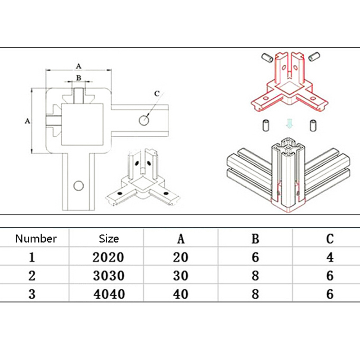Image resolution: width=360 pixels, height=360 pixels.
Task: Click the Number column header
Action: [36, 238]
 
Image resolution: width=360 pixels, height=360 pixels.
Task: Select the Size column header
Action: [109, 238]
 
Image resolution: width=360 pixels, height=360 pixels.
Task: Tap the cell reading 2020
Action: [108, 257]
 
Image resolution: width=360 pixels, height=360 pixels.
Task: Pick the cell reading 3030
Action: [108, 275]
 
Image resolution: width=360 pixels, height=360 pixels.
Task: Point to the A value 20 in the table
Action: [180, 257]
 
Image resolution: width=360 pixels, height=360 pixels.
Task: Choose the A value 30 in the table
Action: [180, 275]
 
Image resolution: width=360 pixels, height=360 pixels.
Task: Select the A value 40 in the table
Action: [180, 294]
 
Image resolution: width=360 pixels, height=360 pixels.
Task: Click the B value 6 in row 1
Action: [255, 257]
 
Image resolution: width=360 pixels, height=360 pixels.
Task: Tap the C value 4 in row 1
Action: [330, 257]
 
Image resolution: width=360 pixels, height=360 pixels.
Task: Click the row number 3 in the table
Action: [31, 294]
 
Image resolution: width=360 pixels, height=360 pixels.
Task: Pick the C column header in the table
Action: [330, 238]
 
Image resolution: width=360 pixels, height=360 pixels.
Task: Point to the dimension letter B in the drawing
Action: [78, 77]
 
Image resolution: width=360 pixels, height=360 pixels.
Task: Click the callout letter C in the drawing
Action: [157, 94]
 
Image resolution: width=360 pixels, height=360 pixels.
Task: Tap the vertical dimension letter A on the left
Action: [27, 121]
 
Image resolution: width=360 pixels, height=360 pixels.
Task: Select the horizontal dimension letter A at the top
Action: [78, 66]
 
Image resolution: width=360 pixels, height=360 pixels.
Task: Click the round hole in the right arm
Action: [144, 121]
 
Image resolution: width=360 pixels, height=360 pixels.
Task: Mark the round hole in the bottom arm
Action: [79, 186]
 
